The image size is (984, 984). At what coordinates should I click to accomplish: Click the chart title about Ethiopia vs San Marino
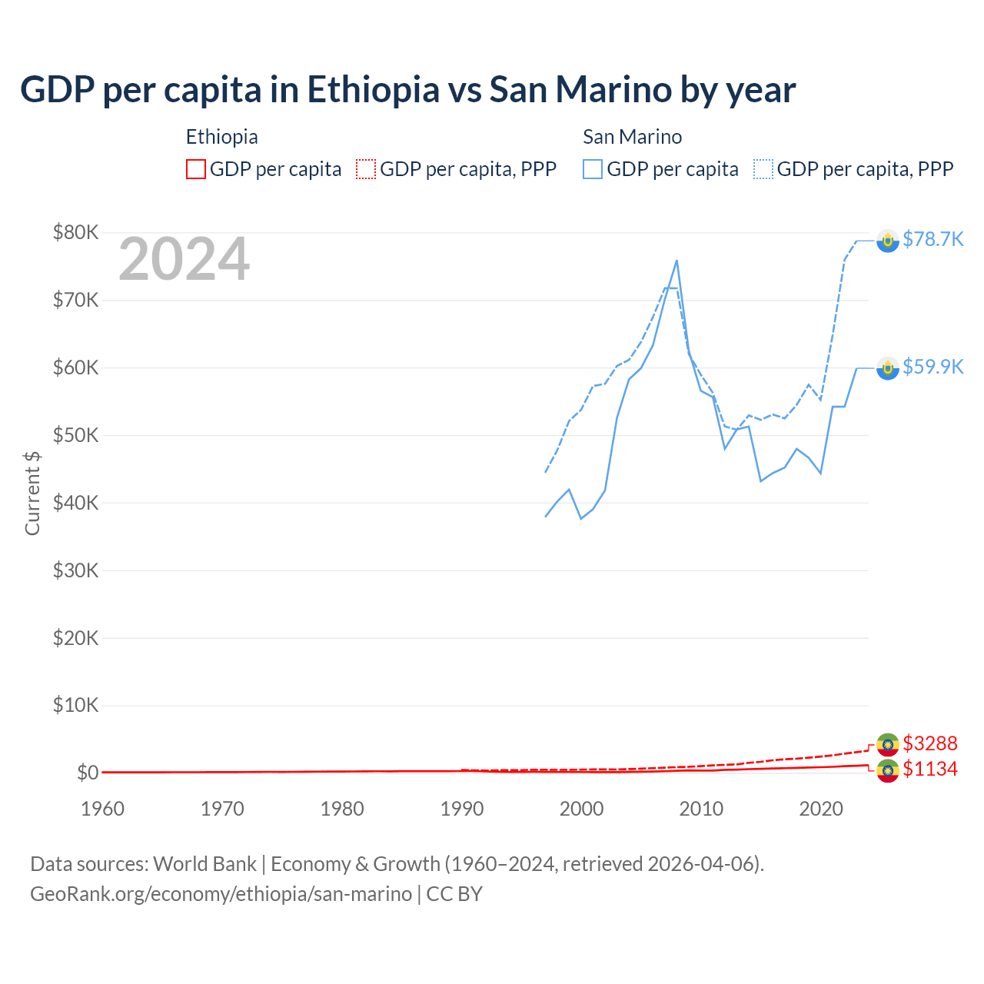(x=407, y=90)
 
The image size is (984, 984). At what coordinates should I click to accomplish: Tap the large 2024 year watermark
(x=184, y=260)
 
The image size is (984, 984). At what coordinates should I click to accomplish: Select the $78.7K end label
(x=932, y=240)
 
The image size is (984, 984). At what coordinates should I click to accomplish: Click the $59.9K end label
(x=932, y=367)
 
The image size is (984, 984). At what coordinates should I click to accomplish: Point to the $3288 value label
(x=929, y=743)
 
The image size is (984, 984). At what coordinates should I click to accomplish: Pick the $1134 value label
(x=929, y=770)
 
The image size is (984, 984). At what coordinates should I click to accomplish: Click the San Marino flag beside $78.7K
(x=888, y=241)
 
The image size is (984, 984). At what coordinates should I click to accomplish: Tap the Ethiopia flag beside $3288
(x=888, y=744)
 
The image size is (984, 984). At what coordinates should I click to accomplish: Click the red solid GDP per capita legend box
(x=196, y=169)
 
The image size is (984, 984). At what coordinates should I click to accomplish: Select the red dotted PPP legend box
(x=366, y=169)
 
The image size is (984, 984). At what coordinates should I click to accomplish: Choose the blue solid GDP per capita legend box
(x=593, y=169)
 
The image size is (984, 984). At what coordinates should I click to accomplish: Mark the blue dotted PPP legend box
(x=763, y=169)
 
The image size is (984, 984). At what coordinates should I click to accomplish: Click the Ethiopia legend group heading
(x=221, y=137)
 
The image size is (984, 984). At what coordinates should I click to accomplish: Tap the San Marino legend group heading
(x=632, y=137)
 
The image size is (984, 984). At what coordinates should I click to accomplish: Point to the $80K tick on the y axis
(x=75, y=232)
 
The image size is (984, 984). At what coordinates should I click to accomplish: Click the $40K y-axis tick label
(x=75, y=503)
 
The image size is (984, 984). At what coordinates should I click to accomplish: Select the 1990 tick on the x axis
(x=462, y=809)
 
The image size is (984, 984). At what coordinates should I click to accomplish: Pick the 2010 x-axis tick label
(x=702, y=809)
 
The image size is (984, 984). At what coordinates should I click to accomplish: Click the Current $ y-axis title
(x=32, y=493)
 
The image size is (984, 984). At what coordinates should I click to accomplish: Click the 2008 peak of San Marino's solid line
(x=676, y=261)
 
